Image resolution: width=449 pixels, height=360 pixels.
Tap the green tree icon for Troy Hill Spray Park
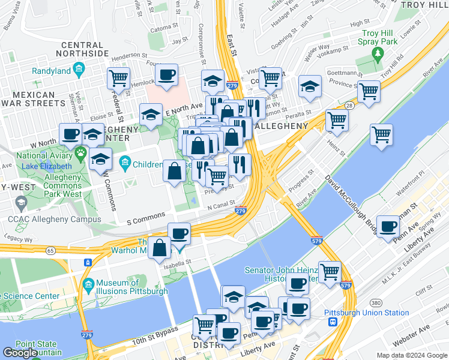tap(378, 55)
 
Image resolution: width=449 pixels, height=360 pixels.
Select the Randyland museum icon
tap(79, 71)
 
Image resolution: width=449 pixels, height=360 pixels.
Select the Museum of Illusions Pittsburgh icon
tap(88, 283)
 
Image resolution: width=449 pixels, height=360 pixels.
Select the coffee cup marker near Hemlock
tap(167, 74)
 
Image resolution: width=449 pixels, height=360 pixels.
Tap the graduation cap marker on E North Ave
tap(151, 113)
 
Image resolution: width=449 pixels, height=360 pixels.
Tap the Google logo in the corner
tap(20, 352)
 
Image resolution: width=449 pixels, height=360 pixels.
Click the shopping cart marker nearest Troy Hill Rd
tap(369, 91)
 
